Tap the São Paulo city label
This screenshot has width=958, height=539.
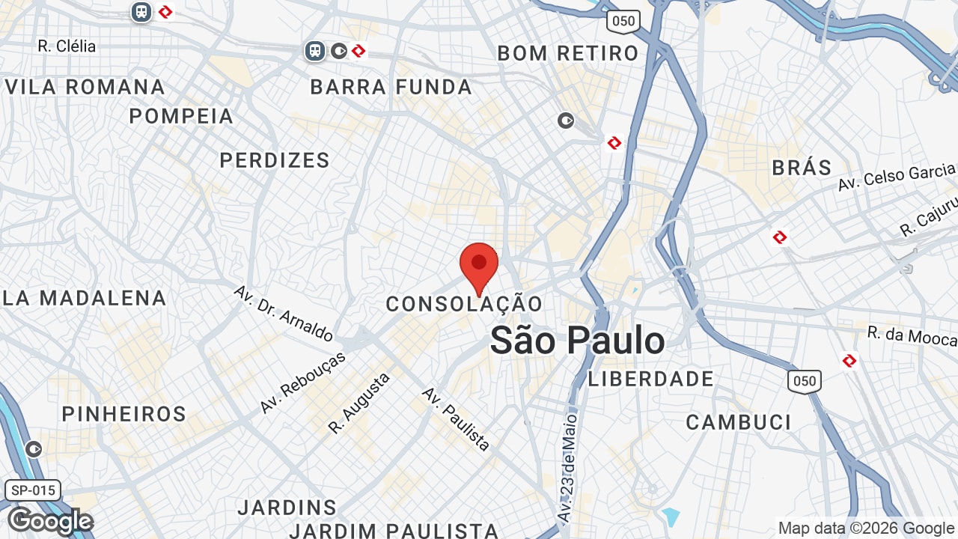click(x=577, y=341)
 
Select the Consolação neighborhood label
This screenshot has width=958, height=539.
click(x=464, y=304)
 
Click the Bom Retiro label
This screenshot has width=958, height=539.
click(x=568, y=53)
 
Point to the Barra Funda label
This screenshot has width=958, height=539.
click(x=391, y=88)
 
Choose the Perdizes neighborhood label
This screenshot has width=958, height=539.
click(x=275, y=160)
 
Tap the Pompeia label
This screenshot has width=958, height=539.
click(x=182, y=117)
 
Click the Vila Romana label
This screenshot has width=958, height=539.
click(x=85, y=87)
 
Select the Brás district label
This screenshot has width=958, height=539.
click(x=802, y=168)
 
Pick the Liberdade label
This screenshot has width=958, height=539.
click(x=651, y=379)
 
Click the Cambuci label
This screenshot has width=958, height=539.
click(x=739, y=422)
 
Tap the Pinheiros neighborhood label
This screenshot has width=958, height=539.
click(x=124, y=414)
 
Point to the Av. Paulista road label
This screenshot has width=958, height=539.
click(x=456, y=418)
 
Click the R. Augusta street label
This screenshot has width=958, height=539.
click(x=359, y=404)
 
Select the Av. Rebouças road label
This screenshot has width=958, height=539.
click(x=303, y=383)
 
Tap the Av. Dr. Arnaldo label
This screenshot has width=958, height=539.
click(x=284, y=313)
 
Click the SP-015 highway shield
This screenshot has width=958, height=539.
click(x=33, y=491)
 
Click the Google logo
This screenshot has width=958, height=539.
click(x=50, y=521)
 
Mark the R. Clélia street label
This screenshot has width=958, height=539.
click(x=67, y=46)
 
